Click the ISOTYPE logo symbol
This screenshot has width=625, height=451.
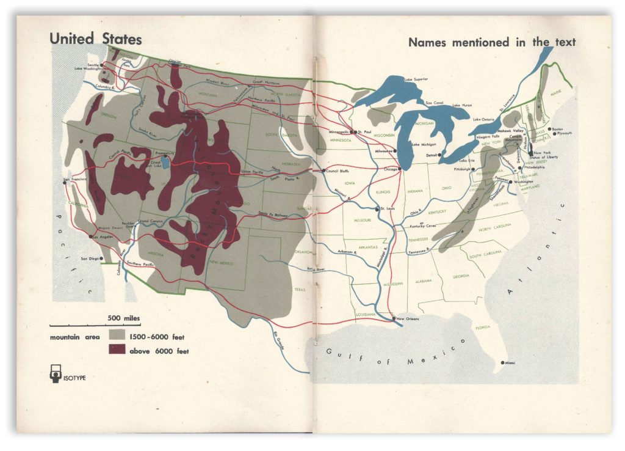tap(54, 375)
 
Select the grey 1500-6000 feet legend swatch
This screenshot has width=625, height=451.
tap(117, 336)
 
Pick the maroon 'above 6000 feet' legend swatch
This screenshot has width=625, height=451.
tap(117, 350)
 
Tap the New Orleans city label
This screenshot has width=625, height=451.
tap(409, 319)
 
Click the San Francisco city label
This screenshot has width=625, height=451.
tap(76, 179)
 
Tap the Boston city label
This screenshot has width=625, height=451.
tap(557, 129)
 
